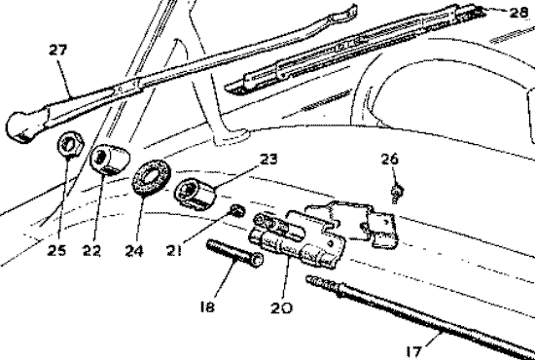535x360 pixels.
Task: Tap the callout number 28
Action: coord(521,13)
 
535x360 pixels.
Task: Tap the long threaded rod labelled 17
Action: coord(418,310)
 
